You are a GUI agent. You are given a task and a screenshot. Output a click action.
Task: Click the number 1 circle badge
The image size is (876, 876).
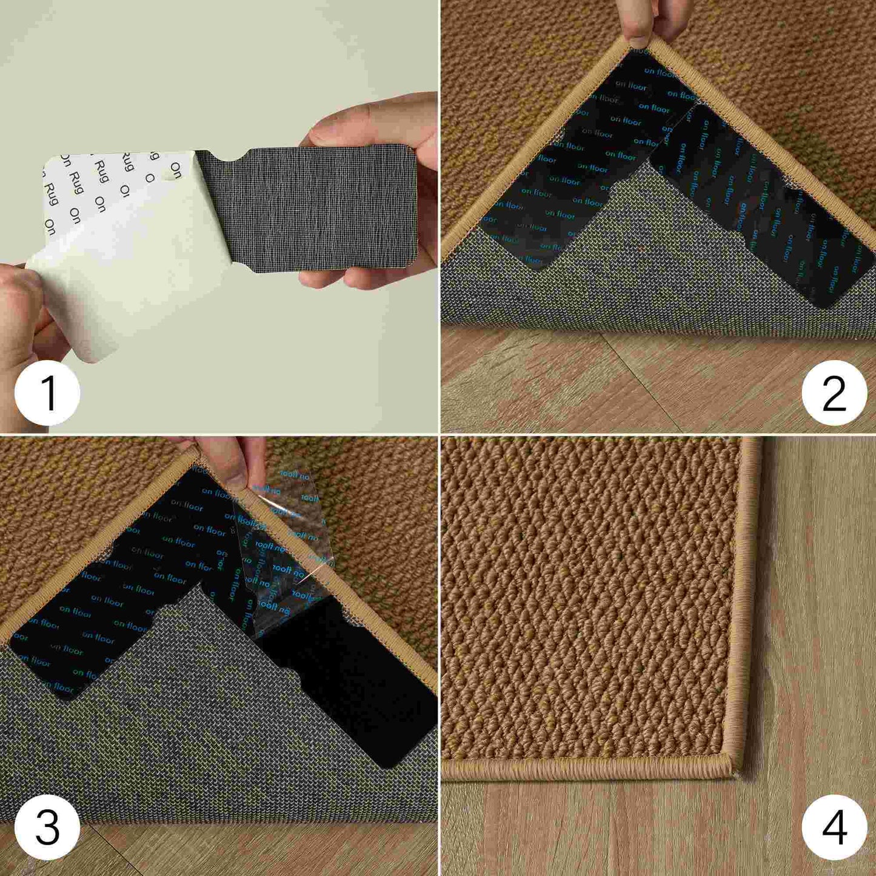47,393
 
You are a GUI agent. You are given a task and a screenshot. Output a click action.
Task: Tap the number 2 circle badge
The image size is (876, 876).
834,393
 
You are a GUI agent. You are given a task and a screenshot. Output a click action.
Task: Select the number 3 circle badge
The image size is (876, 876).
47,827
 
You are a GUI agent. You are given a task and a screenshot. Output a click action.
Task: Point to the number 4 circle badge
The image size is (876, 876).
834,827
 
